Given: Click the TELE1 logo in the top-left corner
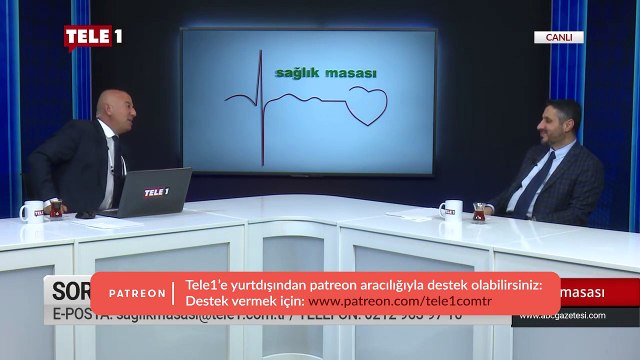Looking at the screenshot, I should [x=93, y=37].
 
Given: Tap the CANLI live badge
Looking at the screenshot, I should [x=557, y=37].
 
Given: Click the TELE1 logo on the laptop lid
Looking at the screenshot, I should [x=155, y=192].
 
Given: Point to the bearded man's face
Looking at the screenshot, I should [x=561, y=124].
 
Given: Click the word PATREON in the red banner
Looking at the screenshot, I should [x=137, y=293].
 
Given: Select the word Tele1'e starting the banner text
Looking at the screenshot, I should [x=208, y=285].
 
